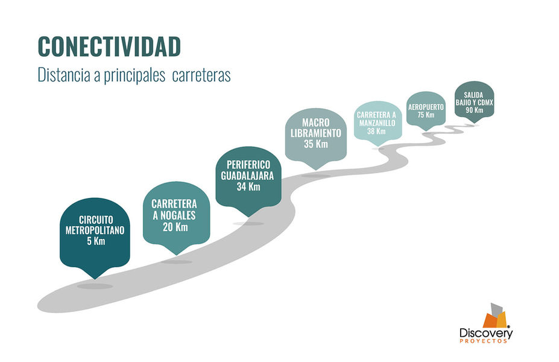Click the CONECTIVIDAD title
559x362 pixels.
pyautogui.click(x=109, y=46)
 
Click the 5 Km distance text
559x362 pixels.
pyautogui.click(x=95, y=241)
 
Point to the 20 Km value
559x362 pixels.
pyautogui.click(x=175, y=227)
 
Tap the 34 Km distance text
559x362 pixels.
pyautogui.click(x=248, y=187)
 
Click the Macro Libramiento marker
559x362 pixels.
pyautogui.click(x=315, y=136)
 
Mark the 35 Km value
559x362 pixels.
pyautogui.click(x=316, y=145)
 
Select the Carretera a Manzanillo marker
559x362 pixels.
pyautogui.click(x=376, y=121)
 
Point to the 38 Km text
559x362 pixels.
pyautogui.click(x=376, y=131)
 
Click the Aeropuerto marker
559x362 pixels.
pyautogui.click(x=426, y=109)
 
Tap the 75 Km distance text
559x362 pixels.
pyautogui.click(x=426, y=115)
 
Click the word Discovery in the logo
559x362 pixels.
pyautogui.click(x=485, y=332)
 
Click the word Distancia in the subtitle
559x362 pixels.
pyautogui.click(x=62, y=77)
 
